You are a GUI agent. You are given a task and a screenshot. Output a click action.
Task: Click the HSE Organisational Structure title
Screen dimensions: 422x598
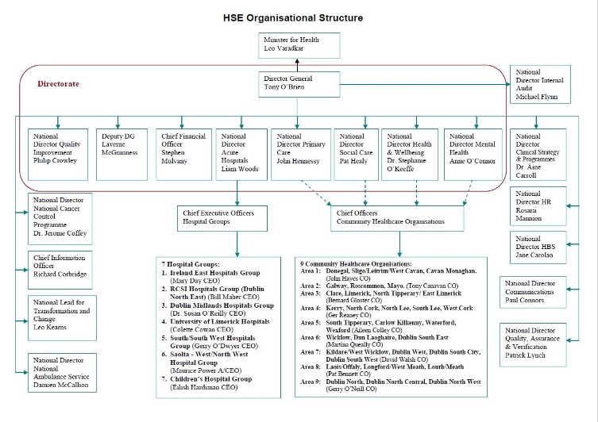pyautogui.click(x=298, y=17)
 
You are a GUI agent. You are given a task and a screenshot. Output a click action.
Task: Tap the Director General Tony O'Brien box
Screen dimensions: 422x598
pyautogui.click(x=298, y=83)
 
